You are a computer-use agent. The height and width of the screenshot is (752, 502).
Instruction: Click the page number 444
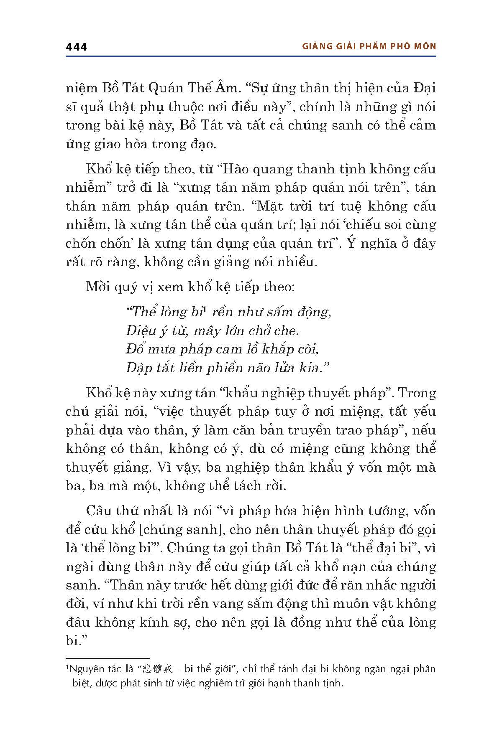pyautogui.click(x=76, y=47)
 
